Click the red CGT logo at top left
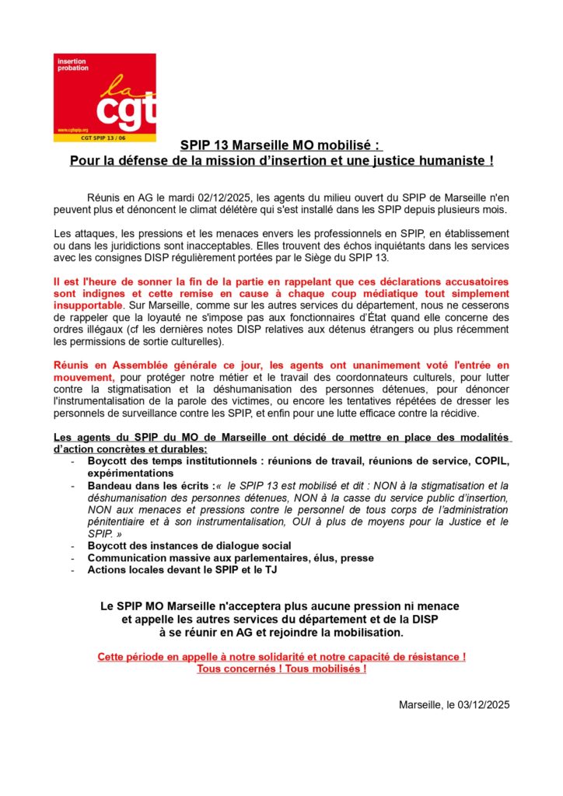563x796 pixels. point(104,97)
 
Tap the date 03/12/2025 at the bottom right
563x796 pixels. point(481,705)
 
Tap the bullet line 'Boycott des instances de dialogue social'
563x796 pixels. point(189,546)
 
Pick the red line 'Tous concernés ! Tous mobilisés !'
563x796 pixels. point(281,669)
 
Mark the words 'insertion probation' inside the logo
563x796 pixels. point(72,65)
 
